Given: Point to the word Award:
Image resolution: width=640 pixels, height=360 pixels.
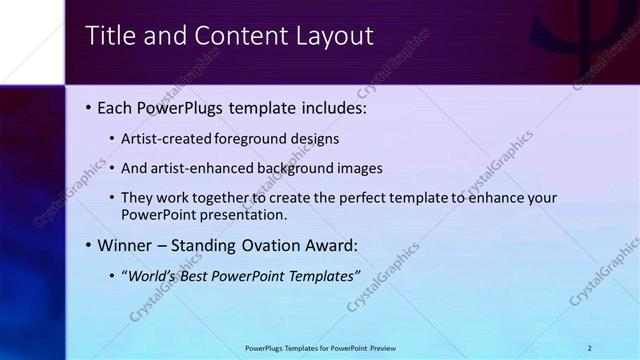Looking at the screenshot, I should [x=333, y=245].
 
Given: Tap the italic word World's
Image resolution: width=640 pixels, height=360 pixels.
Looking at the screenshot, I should [x=149, y=275].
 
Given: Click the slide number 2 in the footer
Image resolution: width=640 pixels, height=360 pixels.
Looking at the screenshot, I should [x=590, y=348].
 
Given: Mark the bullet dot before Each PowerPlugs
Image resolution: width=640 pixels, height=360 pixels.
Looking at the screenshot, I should [x=88, y=108].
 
